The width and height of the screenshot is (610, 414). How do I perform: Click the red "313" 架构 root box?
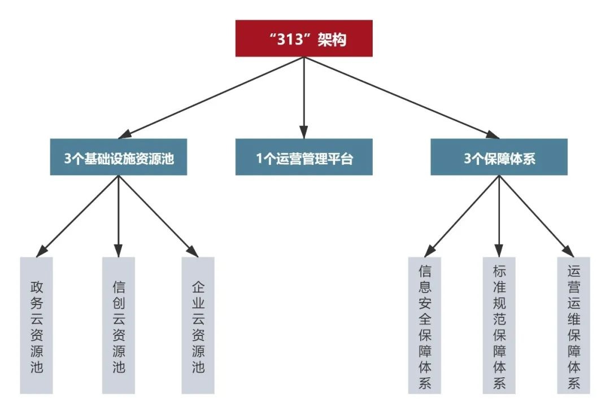(x=304, y=38)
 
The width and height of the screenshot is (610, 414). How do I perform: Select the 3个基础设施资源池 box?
(x=118, y=157)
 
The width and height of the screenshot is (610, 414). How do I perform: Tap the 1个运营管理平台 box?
(x=304, y=157)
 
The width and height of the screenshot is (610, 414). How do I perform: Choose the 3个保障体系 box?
(x=499, y=157)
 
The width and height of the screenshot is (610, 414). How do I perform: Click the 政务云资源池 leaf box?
(x=36, y=325)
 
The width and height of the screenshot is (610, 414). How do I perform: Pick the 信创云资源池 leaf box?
(x=119, y=325)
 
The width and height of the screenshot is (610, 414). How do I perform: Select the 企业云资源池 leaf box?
(x=198, y=325)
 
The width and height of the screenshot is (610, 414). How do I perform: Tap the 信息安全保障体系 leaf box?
(x=425, y=325)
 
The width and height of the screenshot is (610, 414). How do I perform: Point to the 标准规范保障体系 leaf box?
(x=499, y=325)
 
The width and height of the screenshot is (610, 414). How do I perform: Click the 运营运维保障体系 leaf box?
(x=573, y=325)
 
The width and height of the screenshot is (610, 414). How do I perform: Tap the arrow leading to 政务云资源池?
(x=79, y=215)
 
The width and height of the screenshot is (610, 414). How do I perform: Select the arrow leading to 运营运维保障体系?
(x=535, y=215)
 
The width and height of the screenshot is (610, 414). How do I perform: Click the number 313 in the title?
(x=291, y=40)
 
